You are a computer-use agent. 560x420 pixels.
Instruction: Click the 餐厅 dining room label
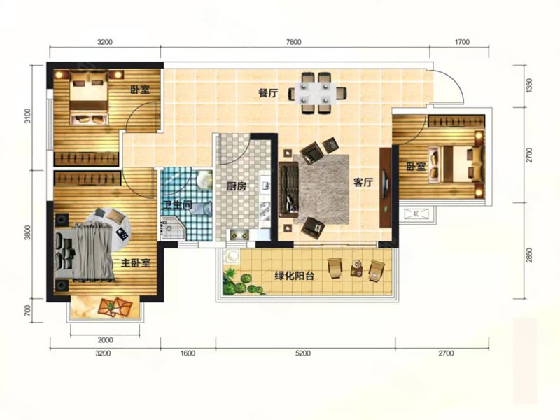[x=268, y=93]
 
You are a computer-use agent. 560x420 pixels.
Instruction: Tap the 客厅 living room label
[x=363, y=182]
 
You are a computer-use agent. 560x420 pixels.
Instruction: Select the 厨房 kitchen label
[x=237, y=186]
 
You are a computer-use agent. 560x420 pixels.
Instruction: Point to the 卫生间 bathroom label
[x=178, y=204]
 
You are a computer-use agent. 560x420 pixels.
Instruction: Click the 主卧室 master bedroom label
[x=136, y=263]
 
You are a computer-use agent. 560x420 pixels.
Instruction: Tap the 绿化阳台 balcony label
[x=294, y=276]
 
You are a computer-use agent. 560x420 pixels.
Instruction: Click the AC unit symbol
[x=416, y=214]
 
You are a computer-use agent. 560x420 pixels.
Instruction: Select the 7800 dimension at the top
[x=293, y=42]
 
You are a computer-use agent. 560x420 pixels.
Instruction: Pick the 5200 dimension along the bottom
[x=303, y=353]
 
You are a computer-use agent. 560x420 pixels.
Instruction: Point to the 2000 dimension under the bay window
[x=106, y=340]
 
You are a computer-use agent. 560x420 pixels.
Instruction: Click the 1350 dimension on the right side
[x=529, y=85]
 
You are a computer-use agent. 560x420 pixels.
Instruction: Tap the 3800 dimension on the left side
[x=28, y=232]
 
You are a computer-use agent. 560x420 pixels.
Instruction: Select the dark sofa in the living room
[x=288, y=190]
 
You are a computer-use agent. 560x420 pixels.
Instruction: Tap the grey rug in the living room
[x=321, y=189]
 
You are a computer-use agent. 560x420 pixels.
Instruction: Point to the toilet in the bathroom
[x=201, y=208]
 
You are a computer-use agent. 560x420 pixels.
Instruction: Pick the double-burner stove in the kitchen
[x=239, y=234]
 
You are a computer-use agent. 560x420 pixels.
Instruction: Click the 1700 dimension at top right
[x=462, y=42]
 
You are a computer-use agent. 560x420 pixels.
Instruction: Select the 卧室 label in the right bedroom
[x=416, y=167]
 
